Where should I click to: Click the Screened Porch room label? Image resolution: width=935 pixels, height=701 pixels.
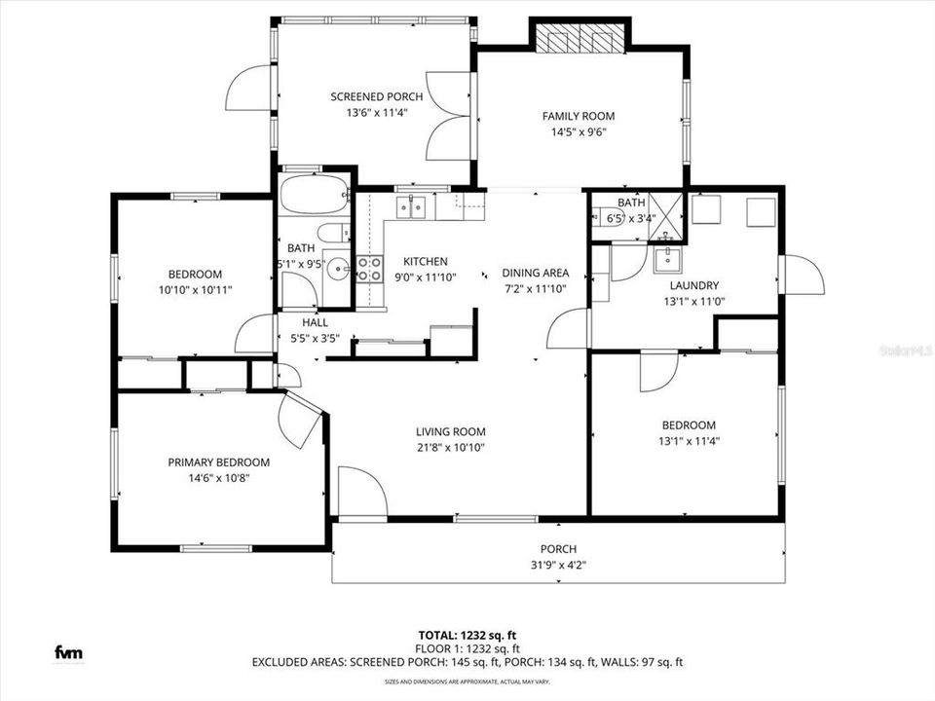click(x=376, y=96)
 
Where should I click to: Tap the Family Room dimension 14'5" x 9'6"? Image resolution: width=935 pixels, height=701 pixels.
click(x=579, y=133)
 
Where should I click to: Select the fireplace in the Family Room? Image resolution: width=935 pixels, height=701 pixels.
click(x=579, y=38)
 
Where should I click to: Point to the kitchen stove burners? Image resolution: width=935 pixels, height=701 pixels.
click(x=369, y=269)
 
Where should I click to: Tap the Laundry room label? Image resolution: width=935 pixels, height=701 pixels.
click(x=693, y=285)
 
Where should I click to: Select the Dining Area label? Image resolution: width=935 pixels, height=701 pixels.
click(x=535, y=273)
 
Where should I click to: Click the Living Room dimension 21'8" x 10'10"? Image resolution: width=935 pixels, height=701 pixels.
click(x=450, y=448)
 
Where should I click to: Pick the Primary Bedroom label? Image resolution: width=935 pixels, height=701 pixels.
click(x=218, y=462)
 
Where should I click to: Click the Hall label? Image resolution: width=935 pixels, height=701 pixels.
click(x=315, y=322)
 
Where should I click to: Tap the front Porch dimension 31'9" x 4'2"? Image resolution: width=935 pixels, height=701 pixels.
click(x=558, y=565)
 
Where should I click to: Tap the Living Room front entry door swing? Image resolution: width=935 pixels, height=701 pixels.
click(x=361, y=493)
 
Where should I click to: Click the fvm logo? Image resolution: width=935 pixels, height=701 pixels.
click(x=67, y=651)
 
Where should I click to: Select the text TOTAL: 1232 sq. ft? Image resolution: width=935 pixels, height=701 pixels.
click(x=467, y=633)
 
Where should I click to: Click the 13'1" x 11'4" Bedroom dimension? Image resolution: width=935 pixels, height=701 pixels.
click(x=689, y=441)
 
